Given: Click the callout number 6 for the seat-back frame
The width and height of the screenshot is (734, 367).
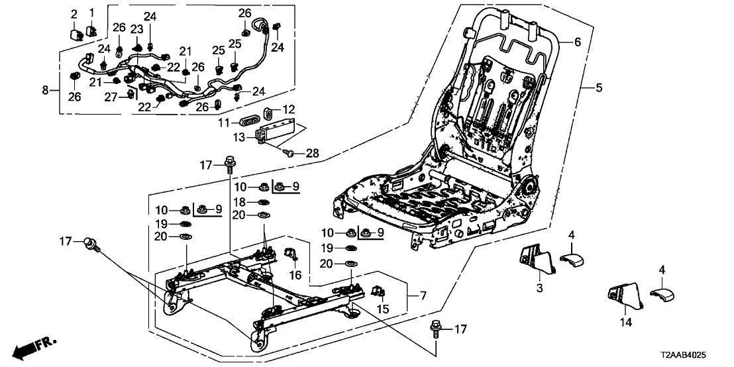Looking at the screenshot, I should pos(577,42).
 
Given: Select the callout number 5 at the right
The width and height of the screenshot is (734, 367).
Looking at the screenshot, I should pos(599,87).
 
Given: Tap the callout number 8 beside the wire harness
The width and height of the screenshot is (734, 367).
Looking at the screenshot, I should pos(46,89).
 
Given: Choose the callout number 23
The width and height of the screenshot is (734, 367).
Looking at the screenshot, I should pos(137,29).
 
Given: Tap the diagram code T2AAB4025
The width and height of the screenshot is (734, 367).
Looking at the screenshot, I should pos(695,356).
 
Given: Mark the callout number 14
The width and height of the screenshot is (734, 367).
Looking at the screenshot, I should pos(626,323).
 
